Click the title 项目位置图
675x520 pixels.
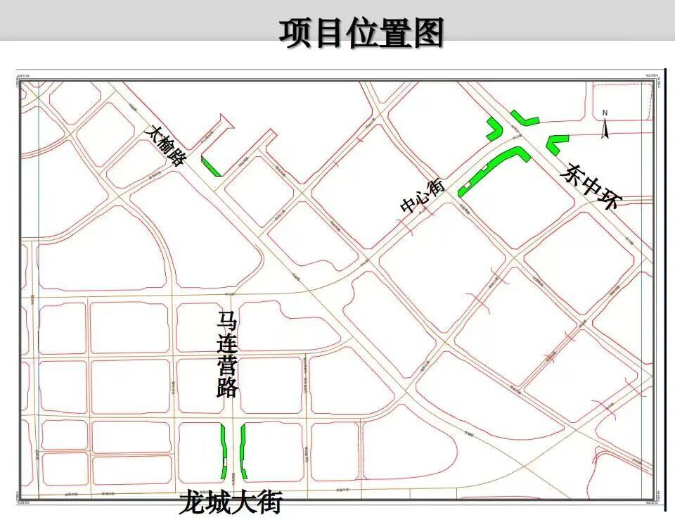[x=361, y=33]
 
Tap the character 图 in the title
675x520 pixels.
[x=427, y=33]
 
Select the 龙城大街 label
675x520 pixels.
[x=231, y=502]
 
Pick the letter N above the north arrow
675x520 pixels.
[x=605, y=113]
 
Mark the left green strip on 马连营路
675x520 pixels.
[x=224, y=450]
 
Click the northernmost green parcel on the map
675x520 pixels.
[x=524, y=117]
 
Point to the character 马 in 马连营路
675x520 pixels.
[x=228, y=323]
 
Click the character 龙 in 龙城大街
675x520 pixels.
[x=192, y=502]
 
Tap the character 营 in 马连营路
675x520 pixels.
[x=228, y=367]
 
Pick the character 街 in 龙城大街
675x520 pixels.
[x=269, y=502]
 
